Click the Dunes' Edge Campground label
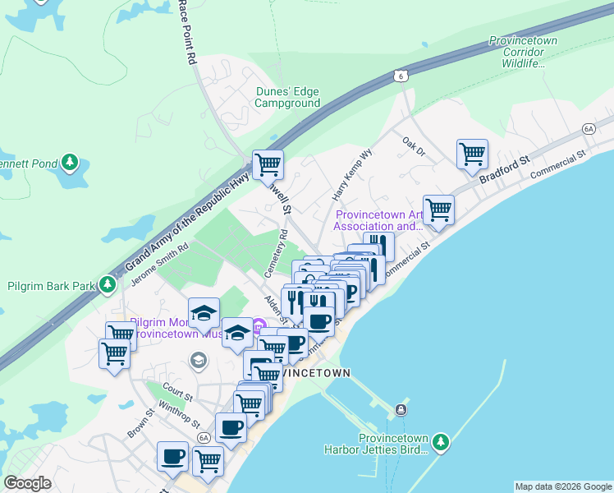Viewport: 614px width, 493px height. click(286, 98)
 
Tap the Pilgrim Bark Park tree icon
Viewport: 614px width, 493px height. click(107, 285)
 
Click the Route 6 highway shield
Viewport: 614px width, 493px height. click(400, 75)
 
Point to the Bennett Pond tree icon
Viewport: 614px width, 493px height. click(71, 163)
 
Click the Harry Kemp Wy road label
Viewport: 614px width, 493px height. click(352, 186)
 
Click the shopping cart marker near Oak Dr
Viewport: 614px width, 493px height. click(472, 153)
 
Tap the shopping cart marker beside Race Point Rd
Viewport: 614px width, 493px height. click(268, 164)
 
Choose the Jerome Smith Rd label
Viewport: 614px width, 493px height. click(160, 264)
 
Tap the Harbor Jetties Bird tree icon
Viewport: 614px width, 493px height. click(441, 443)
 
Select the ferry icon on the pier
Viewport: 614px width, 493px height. click(400, 409)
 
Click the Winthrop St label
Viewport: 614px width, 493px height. click(179, 413)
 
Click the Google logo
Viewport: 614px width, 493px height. click(28, 483)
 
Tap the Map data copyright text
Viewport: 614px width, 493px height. click(562, 486)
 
